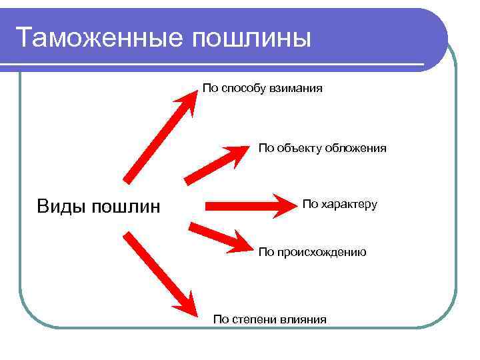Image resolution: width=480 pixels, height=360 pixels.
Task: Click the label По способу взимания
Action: (263, 88)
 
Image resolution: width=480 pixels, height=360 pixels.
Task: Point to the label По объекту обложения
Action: (322, 148)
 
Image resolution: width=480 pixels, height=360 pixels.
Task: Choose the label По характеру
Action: (339, 204)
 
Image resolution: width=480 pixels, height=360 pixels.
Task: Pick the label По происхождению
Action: (312, 252)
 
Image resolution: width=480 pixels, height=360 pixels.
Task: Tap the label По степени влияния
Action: (269, 319)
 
